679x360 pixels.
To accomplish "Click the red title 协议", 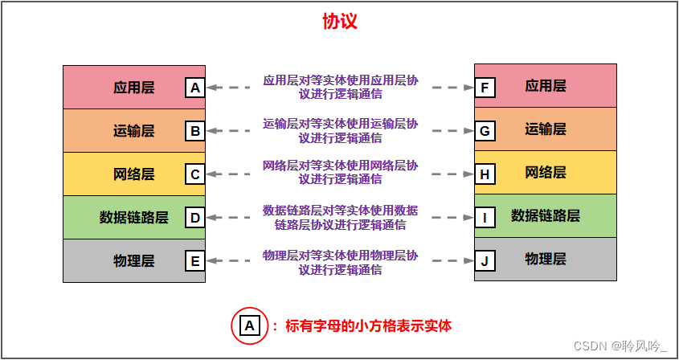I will click(x=339, y=22).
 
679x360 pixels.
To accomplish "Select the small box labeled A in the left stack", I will click(x=194, y=87).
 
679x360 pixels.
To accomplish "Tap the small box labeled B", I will click(x=194, y=130).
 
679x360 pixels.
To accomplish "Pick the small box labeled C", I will click(x=194, y=174).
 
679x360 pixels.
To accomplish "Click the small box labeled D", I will click(x=194, y=217).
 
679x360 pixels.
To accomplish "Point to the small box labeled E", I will click(x=194, y=260).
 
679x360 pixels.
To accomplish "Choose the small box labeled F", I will click(x=485, y=87).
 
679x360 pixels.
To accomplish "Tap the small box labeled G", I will click(x=485, y=130).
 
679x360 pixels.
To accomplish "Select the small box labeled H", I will click(x=485, y=174).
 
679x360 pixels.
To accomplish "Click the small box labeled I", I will click(x=485, y=217).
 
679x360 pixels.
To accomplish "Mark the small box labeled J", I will click(x=485, y=260).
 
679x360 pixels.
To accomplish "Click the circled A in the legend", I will click(x=249, y=325).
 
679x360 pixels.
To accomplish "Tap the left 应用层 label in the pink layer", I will click(x=134, y=87).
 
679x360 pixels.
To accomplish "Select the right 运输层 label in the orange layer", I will click(x=546, y=129).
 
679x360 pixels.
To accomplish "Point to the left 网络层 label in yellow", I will click(x=134, y=174).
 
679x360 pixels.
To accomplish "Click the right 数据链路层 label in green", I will click(x=546, y=215).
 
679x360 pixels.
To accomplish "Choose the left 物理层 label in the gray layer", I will click(x=134, y=260).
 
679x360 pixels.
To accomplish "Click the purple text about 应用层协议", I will click(x=340, y=87).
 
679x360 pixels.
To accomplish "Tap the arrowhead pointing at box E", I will click(x=212, y=260).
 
